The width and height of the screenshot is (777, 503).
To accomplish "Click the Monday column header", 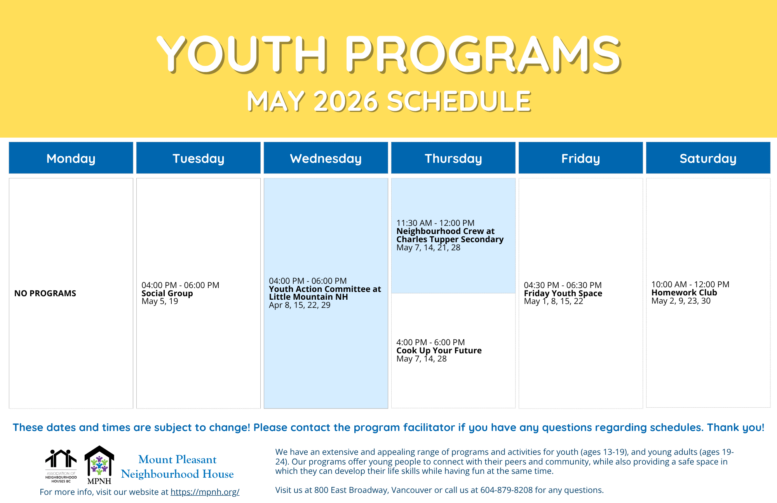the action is coord(71,158).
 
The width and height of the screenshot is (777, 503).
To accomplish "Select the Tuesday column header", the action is coord(198,158).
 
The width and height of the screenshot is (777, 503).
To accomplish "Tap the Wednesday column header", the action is coord(326,158).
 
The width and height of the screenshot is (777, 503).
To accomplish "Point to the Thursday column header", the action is coord(453,158).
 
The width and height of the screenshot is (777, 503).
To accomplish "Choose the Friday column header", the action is coord(580,158).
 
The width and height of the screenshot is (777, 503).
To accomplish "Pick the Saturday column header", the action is coord(708,158).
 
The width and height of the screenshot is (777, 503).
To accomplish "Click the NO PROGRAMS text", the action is coord(45,293).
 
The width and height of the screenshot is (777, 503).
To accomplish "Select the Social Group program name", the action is coord(167,293).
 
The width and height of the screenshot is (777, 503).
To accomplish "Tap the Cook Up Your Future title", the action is coord(439,351).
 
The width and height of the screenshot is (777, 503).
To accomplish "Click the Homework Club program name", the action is coord(684,293).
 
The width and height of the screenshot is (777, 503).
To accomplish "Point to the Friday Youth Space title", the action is coord(563,293).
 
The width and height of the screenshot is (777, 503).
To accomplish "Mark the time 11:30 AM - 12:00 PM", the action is coord(436,223).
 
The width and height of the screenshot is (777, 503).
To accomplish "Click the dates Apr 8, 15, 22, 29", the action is coord(300,305).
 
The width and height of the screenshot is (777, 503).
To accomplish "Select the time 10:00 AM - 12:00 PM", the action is coord(690,285).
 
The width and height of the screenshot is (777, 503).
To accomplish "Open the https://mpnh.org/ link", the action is coord(205,492).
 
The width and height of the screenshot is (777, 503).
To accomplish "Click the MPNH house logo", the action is coord(99,465).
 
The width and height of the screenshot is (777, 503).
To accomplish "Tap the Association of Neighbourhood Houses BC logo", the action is coord(61,466).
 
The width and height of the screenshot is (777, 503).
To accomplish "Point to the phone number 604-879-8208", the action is coord(507,490).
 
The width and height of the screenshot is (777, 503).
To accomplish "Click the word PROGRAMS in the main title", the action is coord(483,54).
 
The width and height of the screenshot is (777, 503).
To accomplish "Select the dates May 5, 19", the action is coord(160,301).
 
